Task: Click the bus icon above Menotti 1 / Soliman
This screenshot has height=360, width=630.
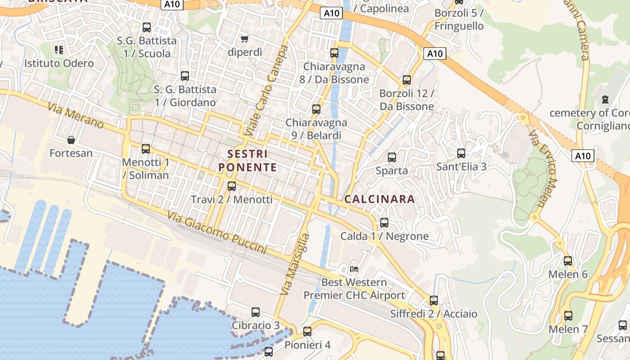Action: pos(146,148)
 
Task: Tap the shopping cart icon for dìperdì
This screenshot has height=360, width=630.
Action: pos(245,39)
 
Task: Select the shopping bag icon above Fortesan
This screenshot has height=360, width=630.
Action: pos(71,140)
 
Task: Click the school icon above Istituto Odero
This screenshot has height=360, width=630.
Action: pos(59,49)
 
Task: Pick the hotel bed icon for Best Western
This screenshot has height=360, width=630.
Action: pos(354,269)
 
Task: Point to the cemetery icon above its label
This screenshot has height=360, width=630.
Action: pos(605,99)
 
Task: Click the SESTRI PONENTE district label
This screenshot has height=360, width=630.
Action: pos(247,161)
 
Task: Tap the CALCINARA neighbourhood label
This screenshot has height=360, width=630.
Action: pos(379,199)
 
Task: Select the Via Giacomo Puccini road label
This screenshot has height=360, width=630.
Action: pos(217,232)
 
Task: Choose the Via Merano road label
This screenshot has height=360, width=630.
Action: pos(75,116)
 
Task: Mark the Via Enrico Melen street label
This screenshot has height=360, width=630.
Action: pos(543,169)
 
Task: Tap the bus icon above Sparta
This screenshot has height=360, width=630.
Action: pos(392,157)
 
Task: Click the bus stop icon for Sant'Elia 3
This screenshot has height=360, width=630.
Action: pos(461,153)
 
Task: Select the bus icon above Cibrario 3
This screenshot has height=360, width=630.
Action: pos(256,312)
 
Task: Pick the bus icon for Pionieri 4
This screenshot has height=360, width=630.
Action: pos(307,332)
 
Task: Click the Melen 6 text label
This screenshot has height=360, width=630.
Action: pos(568,274)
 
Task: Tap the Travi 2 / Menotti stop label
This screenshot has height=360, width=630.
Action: pos(232,199)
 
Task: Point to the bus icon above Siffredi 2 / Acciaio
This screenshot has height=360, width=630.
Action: pos(434,300)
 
